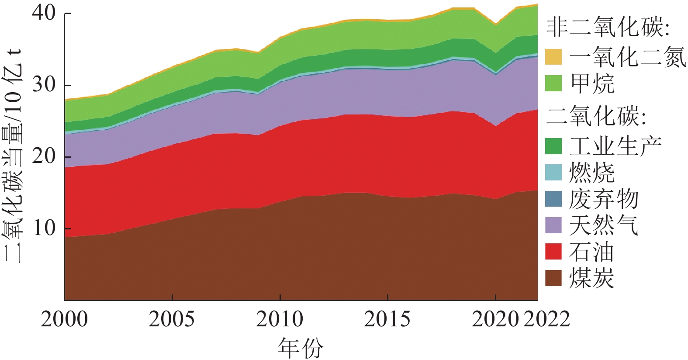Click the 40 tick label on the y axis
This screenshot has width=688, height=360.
pos(44,13)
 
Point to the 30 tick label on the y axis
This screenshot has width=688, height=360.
pos(44,85)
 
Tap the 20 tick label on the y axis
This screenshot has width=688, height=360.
pos(44,156)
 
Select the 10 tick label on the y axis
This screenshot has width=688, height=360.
pos(44,228)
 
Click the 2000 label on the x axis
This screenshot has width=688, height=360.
pos(64,319)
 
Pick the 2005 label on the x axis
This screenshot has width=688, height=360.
pos(172,319)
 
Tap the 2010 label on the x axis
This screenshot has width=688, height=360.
pos(280,319)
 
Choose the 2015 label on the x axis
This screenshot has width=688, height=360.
pos(387,319)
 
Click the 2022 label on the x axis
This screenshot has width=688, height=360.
pos(546,319)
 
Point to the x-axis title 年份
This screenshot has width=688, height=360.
pos(301,348)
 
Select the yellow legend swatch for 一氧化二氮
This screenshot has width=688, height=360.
pos(553,57)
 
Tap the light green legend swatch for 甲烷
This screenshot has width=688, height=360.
pos(553,83)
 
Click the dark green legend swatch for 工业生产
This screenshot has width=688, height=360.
pos(553,146)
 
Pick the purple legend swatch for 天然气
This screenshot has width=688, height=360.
pos(553,225)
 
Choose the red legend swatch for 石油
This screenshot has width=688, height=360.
pos(553,252)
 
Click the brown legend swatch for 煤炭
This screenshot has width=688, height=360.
pos(553,278)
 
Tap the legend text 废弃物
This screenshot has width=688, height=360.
pos(604,199)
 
